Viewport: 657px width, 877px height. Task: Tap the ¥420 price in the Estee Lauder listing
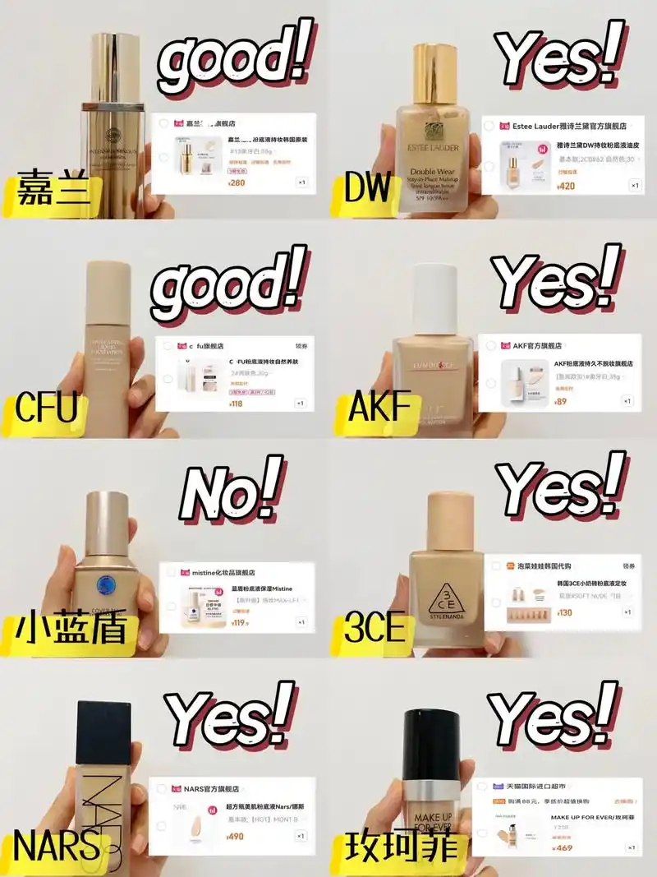pos(565,187)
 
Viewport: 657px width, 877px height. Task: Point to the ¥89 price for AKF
pos(561,402)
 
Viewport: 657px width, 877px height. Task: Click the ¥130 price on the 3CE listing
pos(564,612)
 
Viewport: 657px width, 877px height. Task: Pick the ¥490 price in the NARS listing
pos(236,837)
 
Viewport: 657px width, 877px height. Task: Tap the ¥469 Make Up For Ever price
pos(563,847)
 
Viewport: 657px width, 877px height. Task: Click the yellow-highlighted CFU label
pos(47,408)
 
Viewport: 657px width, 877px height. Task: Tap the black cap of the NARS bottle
pos(103,732)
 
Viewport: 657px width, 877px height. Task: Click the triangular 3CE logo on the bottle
pos(443,598)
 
